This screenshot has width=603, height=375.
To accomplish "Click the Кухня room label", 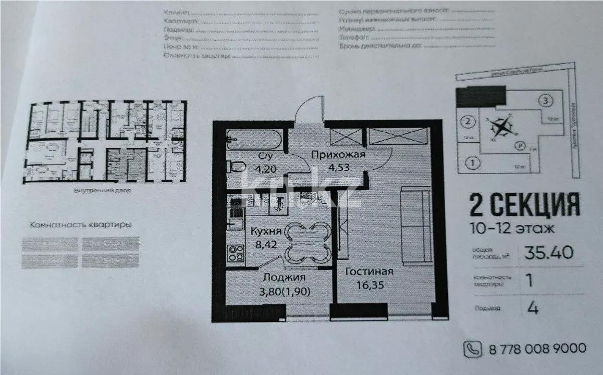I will tap(266, 231).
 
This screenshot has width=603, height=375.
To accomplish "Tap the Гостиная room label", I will tap(369, 271).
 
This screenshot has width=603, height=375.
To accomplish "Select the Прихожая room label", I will tap(338, 155).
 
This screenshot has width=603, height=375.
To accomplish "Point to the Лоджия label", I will tap(284, 278).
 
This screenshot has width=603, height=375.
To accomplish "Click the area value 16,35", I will tap(368, 285).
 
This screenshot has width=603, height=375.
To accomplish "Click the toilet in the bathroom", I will tap(238, 167).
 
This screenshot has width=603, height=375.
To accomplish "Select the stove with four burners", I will tap(236, 253).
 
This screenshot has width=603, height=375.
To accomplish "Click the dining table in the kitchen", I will tap(308, 241).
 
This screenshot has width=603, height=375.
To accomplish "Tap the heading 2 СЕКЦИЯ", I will tap(524, 204).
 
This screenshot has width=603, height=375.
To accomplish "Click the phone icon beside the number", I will tap(473, 348).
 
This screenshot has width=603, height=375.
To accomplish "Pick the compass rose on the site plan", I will tap(502, 126).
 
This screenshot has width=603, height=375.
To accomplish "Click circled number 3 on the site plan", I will tap(545, 100).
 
